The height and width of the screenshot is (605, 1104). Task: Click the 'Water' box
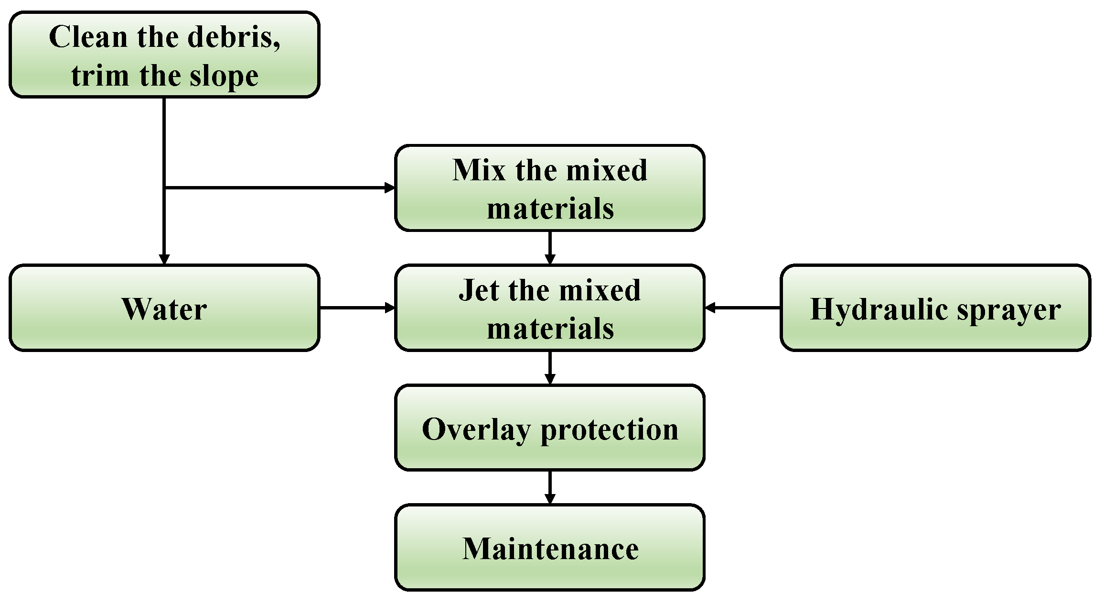click(x=164, y=308)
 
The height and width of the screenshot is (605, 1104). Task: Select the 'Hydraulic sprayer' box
click(x=935, y=308)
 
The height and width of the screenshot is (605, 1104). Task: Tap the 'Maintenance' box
click(x=550, y=548)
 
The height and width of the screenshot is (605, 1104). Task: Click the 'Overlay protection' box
click(x=550, y=428)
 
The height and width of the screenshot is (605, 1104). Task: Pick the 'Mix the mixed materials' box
click(x=550, y=188)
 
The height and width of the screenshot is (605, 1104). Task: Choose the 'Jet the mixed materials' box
click(x=550, y=308)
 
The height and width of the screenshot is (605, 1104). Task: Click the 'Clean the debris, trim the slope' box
click(x=164, y=55)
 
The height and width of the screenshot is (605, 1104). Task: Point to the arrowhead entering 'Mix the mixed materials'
click(x=390, y=188)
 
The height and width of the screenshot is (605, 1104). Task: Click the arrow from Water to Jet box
click(x=356, y=308)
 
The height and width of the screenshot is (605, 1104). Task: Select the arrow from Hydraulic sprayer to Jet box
click(x=743, y=308)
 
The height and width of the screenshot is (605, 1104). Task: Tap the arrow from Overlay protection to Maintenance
click(x=550, y=487)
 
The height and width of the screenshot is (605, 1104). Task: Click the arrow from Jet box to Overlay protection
click(x=550, y=367)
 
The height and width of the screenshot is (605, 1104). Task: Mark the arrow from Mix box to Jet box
click(x=550, y=247)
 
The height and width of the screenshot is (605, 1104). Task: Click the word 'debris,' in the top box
click(x=234, y=37)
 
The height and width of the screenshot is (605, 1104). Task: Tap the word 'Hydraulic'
click(x=878, y=310)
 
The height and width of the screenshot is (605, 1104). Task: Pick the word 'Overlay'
click(x=476, y=429)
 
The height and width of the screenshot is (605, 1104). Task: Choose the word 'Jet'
click(x=479, y=290)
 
